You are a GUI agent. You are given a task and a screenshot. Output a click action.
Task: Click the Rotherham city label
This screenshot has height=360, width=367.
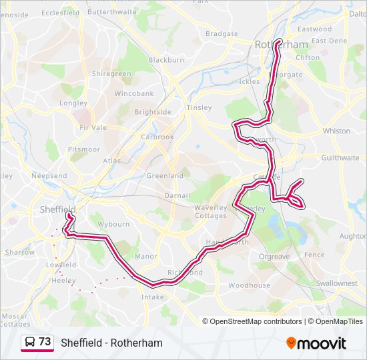pos(281,45)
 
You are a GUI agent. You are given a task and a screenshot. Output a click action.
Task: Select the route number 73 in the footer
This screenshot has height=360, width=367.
pos(45,341)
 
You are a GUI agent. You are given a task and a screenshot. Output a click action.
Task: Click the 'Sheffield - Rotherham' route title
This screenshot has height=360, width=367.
pos(111,343)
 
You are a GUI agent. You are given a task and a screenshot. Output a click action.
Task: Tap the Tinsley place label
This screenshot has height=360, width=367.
pos(200,107)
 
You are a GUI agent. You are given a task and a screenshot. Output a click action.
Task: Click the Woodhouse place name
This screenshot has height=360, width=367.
pos(249,285)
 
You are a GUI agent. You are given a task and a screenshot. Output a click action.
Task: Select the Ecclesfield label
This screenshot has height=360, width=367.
pos(60,13)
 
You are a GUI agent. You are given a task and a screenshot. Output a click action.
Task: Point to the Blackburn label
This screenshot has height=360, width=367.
pos(166,59)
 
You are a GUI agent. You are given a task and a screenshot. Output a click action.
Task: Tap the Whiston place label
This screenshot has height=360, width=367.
pos(336,131)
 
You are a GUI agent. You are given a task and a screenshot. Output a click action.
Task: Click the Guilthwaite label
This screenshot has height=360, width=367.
pos(340,157)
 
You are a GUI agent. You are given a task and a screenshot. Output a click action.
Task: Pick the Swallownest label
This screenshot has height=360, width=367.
pos(336,283)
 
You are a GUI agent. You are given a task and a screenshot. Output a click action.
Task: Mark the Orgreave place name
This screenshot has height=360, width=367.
pos(274,256)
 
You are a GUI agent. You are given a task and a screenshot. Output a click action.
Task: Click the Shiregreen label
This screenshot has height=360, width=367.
pos(111,74)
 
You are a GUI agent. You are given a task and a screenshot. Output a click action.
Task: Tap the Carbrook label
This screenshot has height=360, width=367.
pos(157,137)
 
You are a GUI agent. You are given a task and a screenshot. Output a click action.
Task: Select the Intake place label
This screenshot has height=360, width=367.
pos(152,297)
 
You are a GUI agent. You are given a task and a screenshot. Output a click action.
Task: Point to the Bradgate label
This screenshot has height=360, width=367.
pos(222,33)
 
